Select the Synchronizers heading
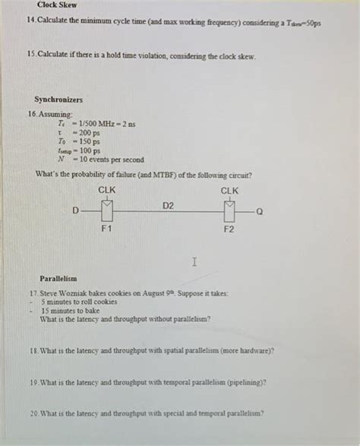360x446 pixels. click(x=58, y=100)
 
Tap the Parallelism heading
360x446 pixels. click(x=59, y=279)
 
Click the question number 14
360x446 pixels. click(x=31, y=23)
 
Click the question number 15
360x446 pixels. click(x=31, y=57)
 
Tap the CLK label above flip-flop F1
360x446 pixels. click(x=107, y=190)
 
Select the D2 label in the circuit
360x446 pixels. click(x=168, y=205)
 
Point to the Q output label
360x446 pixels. click(x=260, y=213)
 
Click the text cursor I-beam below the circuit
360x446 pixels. click(x=195, y=261)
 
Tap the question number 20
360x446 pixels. click(x=33, y=413)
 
